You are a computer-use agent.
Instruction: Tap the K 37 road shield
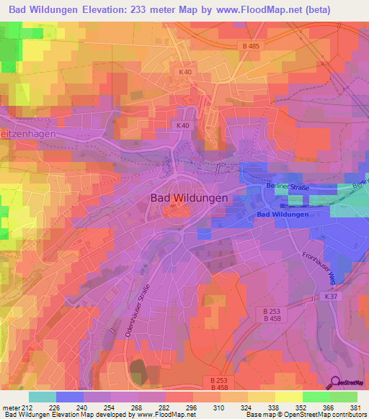331,296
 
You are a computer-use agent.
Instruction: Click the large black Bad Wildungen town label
190,197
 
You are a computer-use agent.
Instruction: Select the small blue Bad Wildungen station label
283,215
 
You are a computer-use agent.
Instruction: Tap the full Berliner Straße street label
288,187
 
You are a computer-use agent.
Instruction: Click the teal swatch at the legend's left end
42,396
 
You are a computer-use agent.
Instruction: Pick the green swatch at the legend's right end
343,396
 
